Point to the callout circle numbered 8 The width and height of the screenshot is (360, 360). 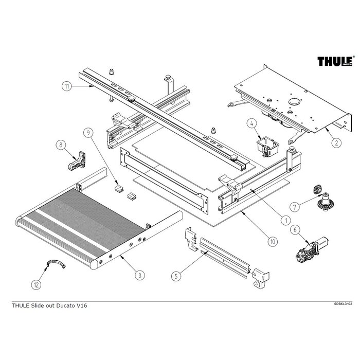(x=63, y=145)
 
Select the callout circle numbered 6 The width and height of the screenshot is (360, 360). (x=295, y=230)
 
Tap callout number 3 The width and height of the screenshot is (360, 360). (x=139, y=276)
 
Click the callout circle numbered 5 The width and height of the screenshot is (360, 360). (x=176, y=276)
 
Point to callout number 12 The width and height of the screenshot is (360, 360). (x=37, y=283)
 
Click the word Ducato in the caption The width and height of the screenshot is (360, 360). (x=65, y=305)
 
